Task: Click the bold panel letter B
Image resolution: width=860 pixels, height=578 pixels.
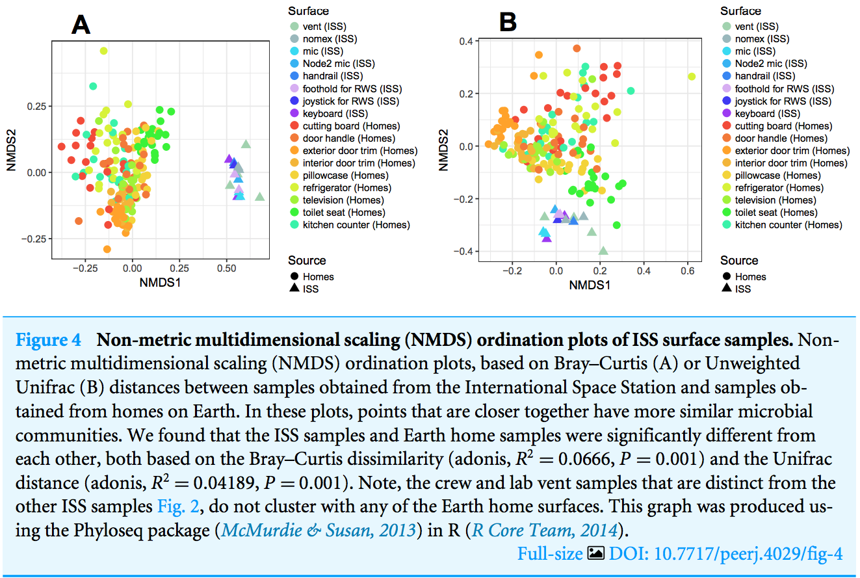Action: [507, 23]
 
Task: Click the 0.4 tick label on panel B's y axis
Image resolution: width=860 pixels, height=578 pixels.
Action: [465, 42]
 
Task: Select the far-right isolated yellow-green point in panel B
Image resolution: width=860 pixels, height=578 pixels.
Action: [691, 77]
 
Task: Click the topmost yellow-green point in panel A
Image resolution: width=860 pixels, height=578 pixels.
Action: [103, 51]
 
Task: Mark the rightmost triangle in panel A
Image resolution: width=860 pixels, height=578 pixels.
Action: [260, 196]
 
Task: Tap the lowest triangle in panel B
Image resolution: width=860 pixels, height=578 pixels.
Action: [603, 250]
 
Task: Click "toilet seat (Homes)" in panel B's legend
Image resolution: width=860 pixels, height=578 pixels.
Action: [777, 213]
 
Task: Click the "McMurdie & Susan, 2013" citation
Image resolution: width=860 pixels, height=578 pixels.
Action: [319, 530]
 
